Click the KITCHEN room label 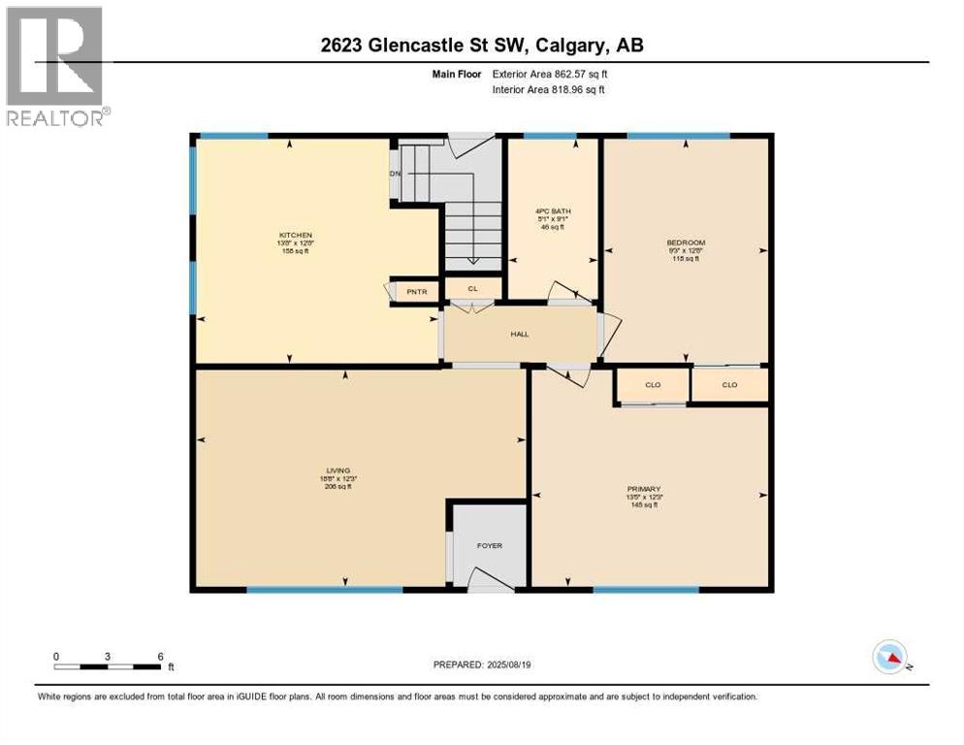(x=296, y=236)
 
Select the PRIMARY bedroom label (x=644, y=489)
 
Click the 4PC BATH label (x=551, y=211)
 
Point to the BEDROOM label (x=685, y=243)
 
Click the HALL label (x=520, y=335)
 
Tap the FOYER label (x=490, y=546)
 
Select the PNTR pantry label (x=417, y=291)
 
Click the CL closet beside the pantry (x=472, y=288)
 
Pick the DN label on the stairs (x=395, y=174)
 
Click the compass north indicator (x=889, y=657)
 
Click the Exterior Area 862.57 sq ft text (x=555, y=73)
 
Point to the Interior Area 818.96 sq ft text (x=554, y=89)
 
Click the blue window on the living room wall (x=324, y=589)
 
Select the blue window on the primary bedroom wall (x=646, y=589)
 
